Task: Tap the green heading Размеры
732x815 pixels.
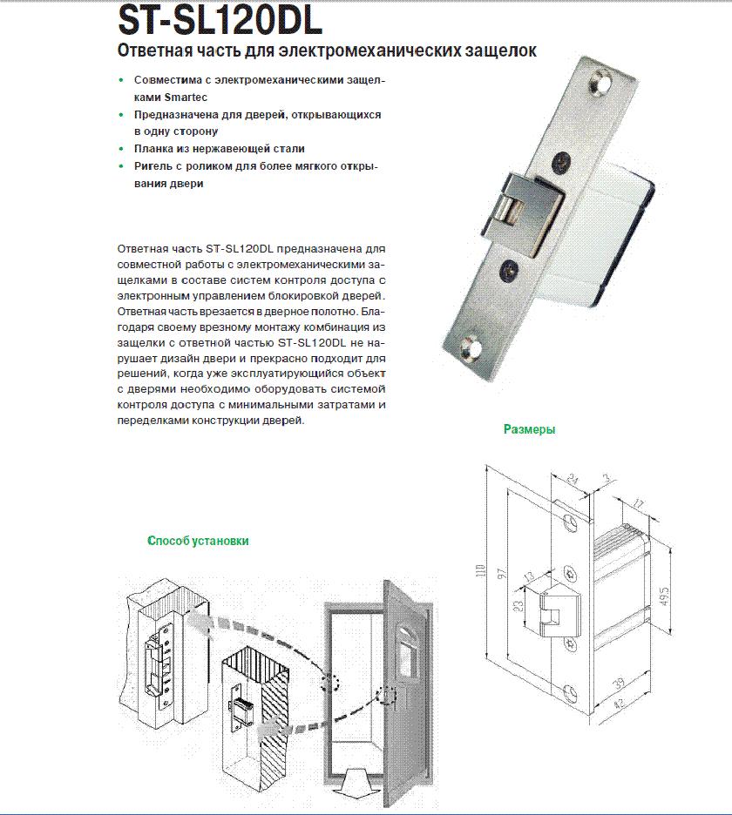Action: coord(529,429)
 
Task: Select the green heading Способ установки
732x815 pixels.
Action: coord(198,541)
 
